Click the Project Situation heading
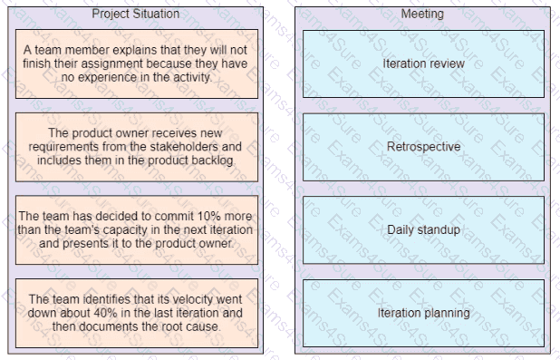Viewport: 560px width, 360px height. [136, 14]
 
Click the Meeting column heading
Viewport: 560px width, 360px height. [422, 14]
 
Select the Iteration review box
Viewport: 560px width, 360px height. [423, 63]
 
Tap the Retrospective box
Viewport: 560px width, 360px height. [423, 147]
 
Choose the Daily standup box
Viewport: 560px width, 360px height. [423, 229]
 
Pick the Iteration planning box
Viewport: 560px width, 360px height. [423, 313]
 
